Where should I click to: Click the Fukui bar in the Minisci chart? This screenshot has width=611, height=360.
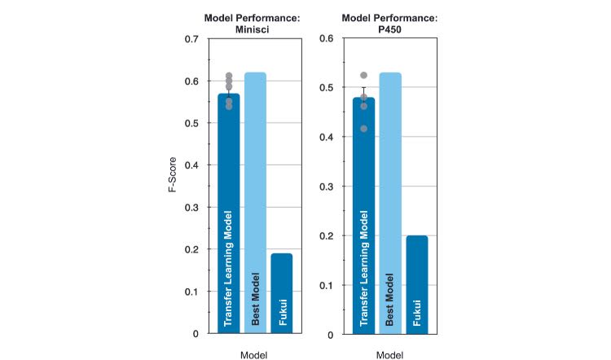click(x=282, y=293)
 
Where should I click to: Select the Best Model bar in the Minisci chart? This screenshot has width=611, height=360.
click(x=255, y=203)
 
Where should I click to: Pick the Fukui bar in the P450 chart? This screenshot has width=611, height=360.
click(x=416, y=284)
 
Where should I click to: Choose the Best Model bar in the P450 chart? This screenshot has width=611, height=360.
click(x=389, y=203)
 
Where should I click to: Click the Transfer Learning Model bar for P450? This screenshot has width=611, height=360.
click(x=363, y=216)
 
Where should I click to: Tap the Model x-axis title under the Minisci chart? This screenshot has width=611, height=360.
click(x=255, y=355)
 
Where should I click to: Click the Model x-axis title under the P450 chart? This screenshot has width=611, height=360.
click(x=390, y=355)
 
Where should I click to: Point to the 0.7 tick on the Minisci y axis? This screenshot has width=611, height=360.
click(x=191, y=39)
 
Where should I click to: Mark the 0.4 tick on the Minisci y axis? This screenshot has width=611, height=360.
click(x=191, y=165)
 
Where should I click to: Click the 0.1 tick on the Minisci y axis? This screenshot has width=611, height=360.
click(x=191, y=292)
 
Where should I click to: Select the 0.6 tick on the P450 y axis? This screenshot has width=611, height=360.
click(x=327, y=38)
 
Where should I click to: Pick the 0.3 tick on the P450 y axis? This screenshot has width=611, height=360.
click(x=327, y=187)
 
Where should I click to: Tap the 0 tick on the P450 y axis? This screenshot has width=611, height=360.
click(x=331, y=335)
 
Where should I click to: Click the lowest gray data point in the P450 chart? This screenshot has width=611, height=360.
click(x=363, y=129)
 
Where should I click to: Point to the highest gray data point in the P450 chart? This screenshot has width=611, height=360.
click(x=363, y=76)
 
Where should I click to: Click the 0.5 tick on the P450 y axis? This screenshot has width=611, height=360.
click(x=327, y=88)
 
